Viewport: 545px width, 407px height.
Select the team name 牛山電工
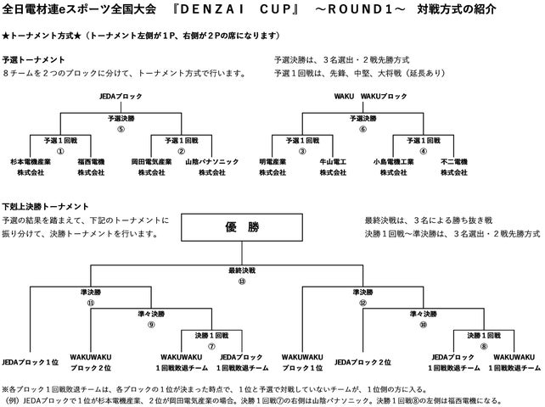(331, 160)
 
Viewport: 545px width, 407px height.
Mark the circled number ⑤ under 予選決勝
(121, 130)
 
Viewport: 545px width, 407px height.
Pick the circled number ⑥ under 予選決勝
(362, 130)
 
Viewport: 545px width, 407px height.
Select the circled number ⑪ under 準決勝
(92, 301)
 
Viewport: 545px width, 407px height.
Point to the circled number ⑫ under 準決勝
(362, 301)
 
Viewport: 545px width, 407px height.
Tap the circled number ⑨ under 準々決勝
(152, 323)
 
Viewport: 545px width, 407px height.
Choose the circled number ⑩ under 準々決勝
(423, 323)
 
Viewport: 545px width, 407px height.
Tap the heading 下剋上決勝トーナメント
(45, 207)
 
